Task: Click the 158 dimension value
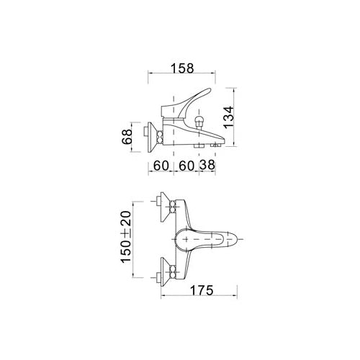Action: [x=182, y=68]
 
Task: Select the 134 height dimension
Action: [x=228, y=117]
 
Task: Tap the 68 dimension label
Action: [x=127, y=137]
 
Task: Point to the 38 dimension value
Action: [x=207, y=165]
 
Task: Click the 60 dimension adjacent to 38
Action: [x=186, y=165]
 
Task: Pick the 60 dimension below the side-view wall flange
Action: [x=161, y=165]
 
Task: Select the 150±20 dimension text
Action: [x=126, y=237]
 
